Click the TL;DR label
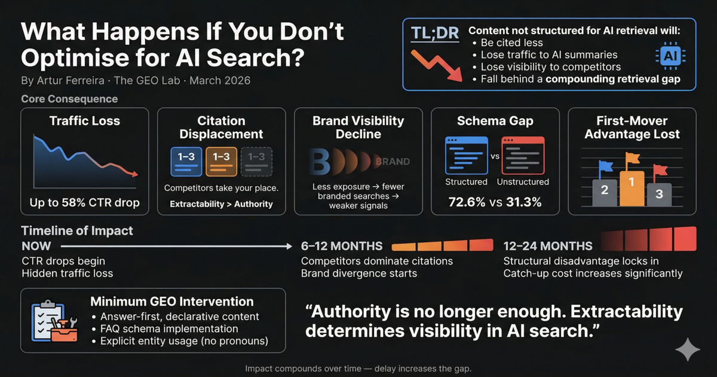(434, 33)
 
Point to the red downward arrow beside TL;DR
(436, 65)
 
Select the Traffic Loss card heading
(85, 121)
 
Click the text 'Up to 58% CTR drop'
(85, 202)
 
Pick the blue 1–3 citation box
(186, 161)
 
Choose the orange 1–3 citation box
(222, 161)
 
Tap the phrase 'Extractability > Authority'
(222, 204)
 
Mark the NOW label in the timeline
(36, 246)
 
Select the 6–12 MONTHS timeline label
(342, 246)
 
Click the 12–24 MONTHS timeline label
(548, 246)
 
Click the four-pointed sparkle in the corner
(687, 349)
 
